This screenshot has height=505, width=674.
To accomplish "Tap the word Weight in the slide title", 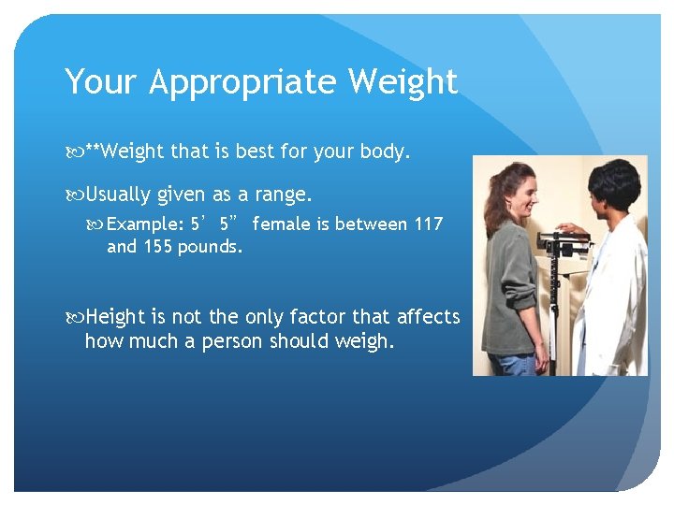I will point(403,82).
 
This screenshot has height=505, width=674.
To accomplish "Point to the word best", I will point(256,151).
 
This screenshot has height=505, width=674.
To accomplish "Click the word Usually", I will point(118,195).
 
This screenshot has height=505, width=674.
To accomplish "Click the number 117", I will point(428,224).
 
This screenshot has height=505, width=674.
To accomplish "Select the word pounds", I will point(212,247).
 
